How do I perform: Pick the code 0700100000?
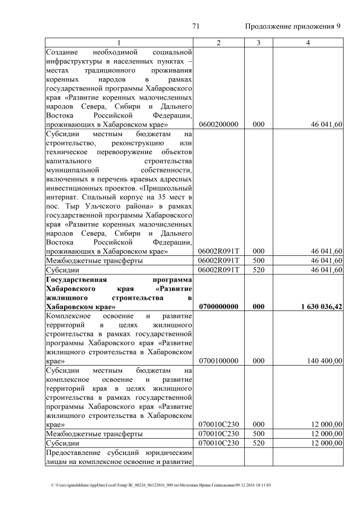pyautogui.click(x=218, y=361)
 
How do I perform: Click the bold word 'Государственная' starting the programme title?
pyautogui.click(x=74, y=280)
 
